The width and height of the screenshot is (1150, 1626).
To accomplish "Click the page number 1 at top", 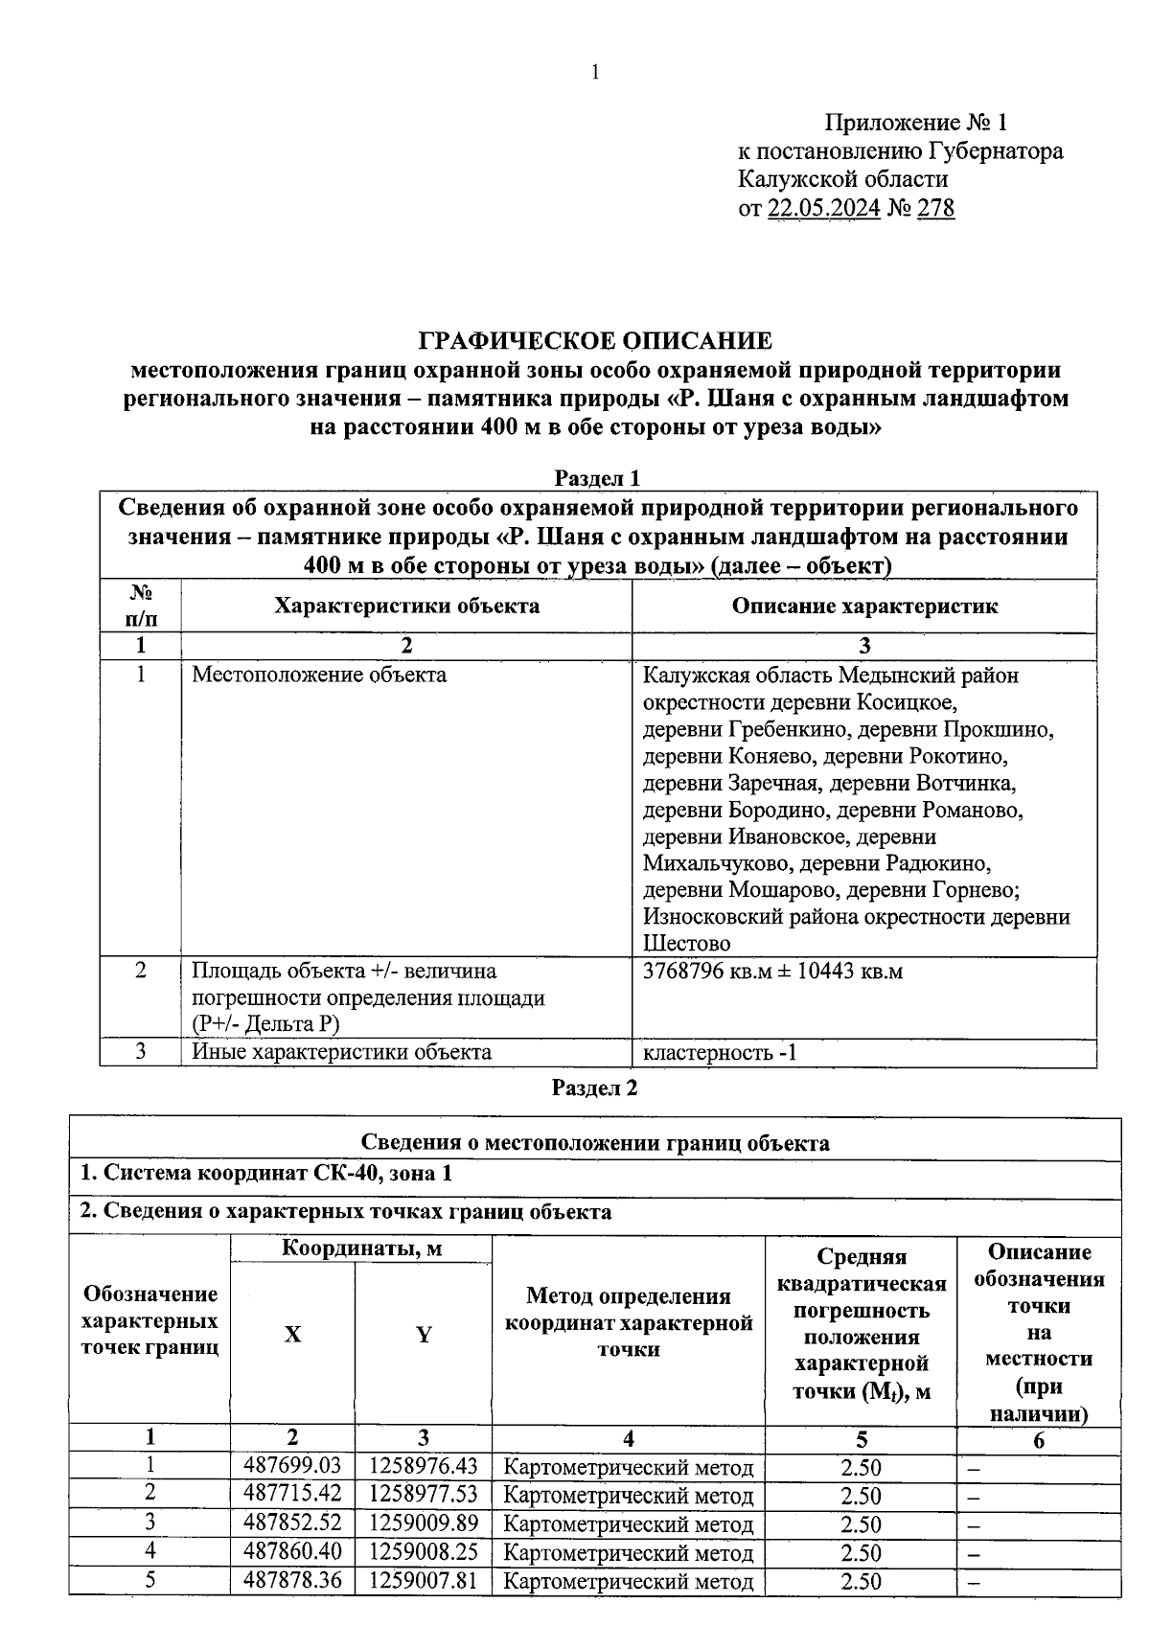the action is (x=595, y=72).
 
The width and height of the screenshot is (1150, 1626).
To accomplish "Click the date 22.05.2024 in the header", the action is (x=823, y=208).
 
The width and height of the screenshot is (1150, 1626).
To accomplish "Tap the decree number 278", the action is (x=935, y=208).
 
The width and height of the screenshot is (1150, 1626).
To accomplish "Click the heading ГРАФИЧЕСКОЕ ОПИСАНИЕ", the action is (x=595, y=341).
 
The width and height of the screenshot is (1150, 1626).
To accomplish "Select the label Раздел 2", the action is (x=595, y=1088).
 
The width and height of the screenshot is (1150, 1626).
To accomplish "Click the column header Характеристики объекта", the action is (x=406, y=606).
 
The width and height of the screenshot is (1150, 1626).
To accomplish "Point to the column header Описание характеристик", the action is (x=864, y=606).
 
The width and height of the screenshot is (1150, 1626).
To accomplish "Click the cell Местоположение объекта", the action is (x=319, y=675).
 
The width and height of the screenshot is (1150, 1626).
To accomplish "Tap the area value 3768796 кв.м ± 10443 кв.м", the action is (x=772, y=971).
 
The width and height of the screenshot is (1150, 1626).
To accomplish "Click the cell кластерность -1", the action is (x=719, y=1053).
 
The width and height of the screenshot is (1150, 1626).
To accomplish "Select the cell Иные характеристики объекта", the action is (x=341, y=1052).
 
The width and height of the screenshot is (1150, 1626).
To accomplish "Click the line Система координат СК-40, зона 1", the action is (x=265, y=1173).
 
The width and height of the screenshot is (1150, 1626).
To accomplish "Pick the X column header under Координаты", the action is (x=292, y=1334).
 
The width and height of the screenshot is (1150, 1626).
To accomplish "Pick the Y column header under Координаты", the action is (x=423, y=1334).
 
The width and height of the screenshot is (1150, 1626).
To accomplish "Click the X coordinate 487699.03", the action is (x=292, y=1466).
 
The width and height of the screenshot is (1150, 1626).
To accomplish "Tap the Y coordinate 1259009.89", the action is (x=423, y=1523).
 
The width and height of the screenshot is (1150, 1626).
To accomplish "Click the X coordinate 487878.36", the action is (x=292, y=1579).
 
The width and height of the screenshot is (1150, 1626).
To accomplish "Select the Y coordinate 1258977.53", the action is (x=423, y=1494).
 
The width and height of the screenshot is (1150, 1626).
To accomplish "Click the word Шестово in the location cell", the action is (x=686, y=944).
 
